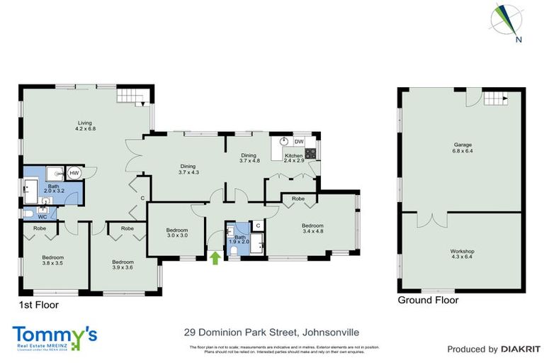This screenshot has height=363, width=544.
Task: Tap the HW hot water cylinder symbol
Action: (x=74, y=172)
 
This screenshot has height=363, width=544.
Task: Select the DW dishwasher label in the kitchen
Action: (x=299, y=142)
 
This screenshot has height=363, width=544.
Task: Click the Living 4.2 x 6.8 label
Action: (x=86, y=125)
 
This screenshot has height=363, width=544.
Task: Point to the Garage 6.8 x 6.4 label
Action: (x=463, y=147)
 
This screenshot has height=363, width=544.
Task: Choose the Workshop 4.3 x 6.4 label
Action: (x=462, y=255)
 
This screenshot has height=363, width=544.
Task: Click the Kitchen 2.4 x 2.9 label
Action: (x=293, y=158)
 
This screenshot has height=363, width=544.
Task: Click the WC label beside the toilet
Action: (x=42, y=217)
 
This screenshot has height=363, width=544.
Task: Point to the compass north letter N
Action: (x=519, y=40)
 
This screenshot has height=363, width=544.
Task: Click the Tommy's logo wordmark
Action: (x=55, y=335)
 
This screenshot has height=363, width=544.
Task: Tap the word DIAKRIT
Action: (x=521, y=349)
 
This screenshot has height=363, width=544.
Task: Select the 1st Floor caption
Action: (x=39, y=305)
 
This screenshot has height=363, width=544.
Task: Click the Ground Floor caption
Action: (x=428, y=300)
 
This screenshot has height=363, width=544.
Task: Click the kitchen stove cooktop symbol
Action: (x=310, y=152)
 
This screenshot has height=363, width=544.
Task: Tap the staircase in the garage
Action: (x=496, y=99)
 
